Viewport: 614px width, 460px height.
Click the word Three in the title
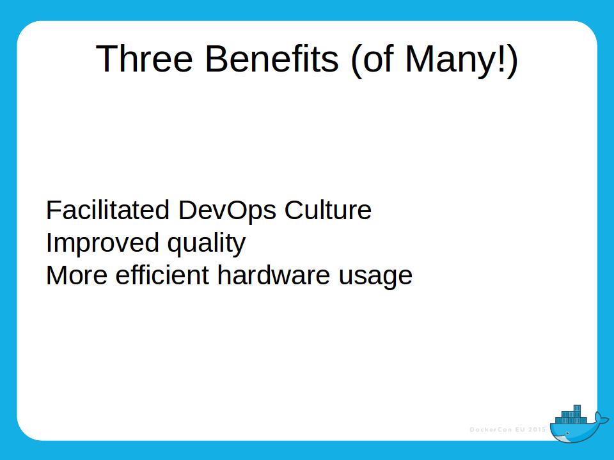pos(145,59)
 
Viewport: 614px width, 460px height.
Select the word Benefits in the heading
pos(271,59)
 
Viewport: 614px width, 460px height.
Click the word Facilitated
pos(108,210)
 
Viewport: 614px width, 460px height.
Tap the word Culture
pos(328,210)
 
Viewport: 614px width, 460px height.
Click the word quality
pos(206,244)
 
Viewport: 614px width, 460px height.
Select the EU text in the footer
pos(519,429)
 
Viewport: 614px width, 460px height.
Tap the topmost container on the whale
pos(577,408)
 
